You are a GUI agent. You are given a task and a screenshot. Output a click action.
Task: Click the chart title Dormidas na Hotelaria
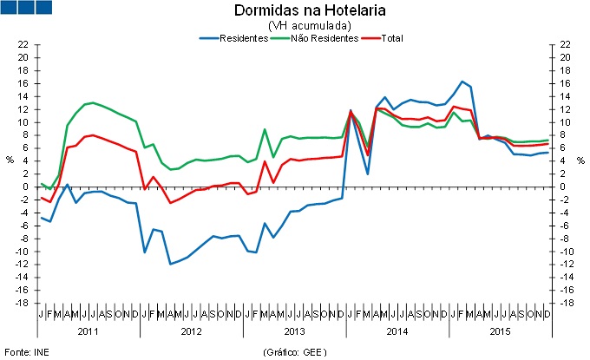click(298, 11)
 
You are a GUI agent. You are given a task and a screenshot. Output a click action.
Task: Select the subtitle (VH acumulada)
click(298, 26)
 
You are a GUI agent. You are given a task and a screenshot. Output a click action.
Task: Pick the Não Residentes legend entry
click(314, 39)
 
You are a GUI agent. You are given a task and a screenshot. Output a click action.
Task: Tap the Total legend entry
click(390, 39)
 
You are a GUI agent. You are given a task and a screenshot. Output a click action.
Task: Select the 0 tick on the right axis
click(563, 187)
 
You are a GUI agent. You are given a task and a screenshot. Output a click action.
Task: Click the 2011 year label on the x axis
click(88, 331)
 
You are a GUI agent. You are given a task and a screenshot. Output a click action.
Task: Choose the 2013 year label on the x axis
click(296, 331)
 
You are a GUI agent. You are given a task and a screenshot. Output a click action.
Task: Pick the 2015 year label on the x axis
click(501, 331)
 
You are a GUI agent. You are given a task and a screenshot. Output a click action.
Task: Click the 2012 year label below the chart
click(192, 331)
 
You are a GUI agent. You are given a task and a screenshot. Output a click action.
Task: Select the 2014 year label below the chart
click(398, 331)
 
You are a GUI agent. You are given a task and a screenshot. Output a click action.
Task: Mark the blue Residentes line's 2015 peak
click(463, 82)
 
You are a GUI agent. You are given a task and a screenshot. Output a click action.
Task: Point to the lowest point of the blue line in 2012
click(171, 264)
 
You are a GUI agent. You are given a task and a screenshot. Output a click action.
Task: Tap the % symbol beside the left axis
click(10, 161)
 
